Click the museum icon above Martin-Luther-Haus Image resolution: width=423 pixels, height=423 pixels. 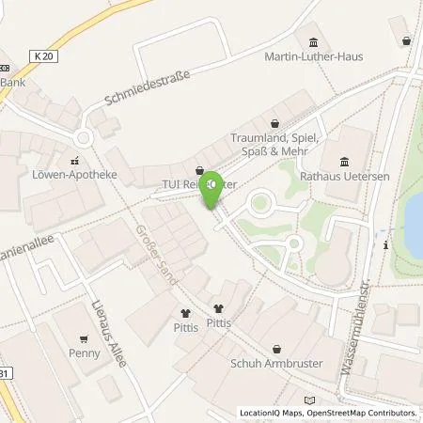[312, 42]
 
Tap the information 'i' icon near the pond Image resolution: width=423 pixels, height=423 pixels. [386, 245]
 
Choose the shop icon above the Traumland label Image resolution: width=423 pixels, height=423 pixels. [274, 123]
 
